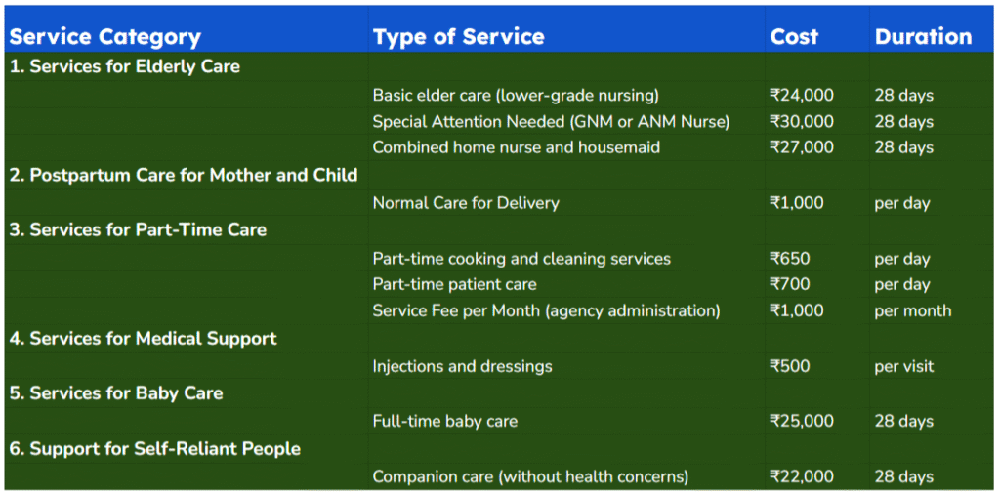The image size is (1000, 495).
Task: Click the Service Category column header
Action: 105,37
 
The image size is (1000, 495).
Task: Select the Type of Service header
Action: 459,37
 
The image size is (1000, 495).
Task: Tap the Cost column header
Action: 794,37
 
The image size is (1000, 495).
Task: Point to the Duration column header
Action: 924,37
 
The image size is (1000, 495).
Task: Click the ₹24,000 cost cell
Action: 802,96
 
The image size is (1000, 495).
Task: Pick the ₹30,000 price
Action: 802,122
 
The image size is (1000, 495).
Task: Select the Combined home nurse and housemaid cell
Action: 517,147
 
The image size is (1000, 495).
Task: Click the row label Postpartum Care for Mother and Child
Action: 184,175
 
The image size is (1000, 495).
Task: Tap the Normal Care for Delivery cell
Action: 466,203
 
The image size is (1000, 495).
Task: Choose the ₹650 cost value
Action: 790,259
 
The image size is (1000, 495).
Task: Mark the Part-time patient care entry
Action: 455,284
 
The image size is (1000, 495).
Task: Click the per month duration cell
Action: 913,311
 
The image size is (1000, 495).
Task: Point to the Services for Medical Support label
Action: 144,338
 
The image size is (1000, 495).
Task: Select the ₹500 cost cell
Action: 790,367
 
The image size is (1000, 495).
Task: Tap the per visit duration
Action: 903,367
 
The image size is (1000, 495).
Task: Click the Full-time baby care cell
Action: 445,421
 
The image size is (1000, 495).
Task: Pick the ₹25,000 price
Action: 802,421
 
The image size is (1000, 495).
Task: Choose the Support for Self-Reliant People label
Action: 155,448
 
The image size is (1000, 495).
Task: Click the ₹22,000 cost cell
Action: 802,476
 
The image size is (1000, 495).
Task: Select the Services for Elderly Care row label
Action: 125,66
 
